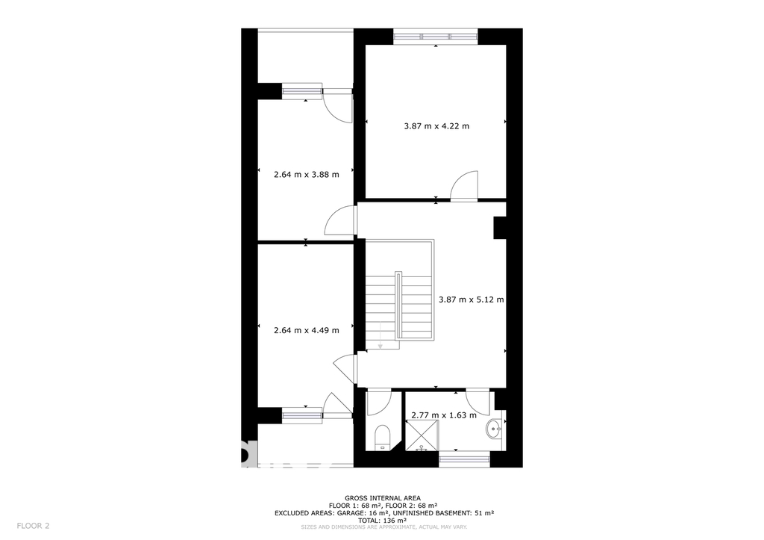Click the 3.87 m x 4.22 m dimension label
click(436, 126)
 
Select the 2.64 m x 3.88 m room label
click(307, 174)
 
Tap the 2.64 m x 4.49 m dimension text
click(307, 330)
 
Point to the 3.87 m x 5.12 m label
click(472, 300)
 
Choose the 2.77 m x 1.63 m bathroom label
click(444, 415)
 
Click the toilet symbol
click(382, 437)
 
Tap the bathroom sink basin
click(495, 429)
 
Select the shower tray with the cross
click(422, 434)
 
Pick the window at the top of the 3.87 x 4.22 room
click(436, 36)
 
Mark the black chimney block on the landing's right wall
click(500, 228)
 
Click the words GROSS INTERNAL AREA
click(383, 498)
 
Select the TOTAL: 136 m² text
click(383, 521)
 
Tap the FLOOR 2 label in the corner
click(33, 526)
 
